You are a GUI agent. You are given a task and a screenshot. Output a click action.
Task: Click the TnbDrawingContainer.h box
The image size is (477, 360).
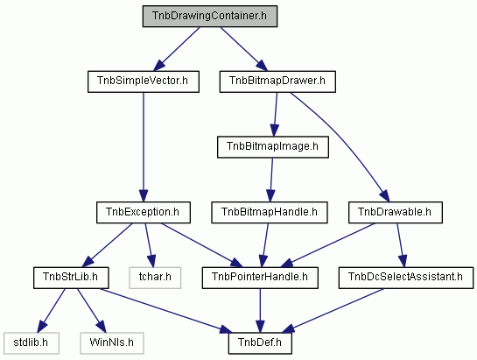click(210, 16)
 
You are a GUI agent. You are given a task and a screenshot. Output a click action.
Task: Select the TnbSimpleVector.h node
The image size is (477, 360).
click(144, 81)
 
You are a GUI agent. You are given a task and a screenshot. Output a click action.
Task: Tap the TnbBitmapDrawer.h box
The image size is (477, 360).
click(277, 81)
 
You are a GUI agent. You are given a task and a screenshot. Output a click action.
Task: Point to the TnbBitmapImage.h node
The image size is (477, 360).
click(273, 147)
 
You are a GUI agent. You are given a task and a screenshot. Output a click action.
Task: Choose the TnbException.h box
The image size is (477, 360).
click(144, 212)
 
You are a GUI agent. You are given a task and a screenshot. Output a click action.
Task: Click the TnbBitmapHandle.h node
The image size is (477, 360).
click(270, 212)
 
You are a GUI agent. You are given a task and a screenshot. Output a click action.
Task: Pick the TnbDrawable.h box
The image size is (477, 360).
click(396, 212)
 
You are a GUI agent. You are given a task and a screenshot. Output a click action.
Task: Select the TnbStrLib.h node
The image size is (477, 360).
click(71, 278)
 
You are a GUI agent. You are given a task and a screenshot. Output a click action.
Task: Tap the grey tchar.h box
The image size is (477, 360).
click(155, 278)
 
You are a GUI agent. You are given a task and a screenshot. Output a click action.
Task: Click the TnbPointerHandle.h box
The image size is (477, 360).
click(260, 278)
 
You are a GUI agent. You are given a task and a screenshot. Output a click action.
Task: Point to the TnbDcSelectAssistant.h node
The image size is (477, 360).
click(406, 278)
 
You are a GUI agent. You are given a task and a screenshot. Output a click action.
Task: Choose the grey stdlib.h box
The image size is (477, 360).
click(32, 343)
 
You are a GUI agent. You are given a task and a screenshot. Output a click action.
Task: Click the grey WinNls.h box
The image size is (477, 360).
click(112, 343)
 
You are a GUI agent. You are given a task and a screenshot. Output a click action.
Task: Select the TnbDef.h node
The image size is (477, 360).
click(260, 343)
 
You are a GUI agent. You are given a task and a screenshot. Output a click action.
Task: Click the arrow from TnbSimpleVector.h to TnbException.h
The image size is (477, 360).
click(144, 147)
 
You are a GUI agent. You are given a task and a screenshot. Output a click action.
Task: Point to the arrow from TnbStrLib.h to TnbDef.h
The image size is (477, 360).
click(165, 311)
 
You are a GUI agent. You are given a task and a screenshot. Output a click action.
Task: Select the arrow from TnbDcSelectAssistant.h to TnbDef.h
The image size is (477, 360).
click(333, 311)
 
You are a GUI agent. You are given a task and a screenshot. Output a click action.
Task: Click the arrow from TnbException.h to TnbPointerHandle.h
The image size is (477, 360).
click(201, 245)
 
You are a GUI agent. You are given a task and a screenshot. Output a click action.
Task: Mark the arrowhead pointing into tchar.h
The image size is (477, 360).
click(151, 261)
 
